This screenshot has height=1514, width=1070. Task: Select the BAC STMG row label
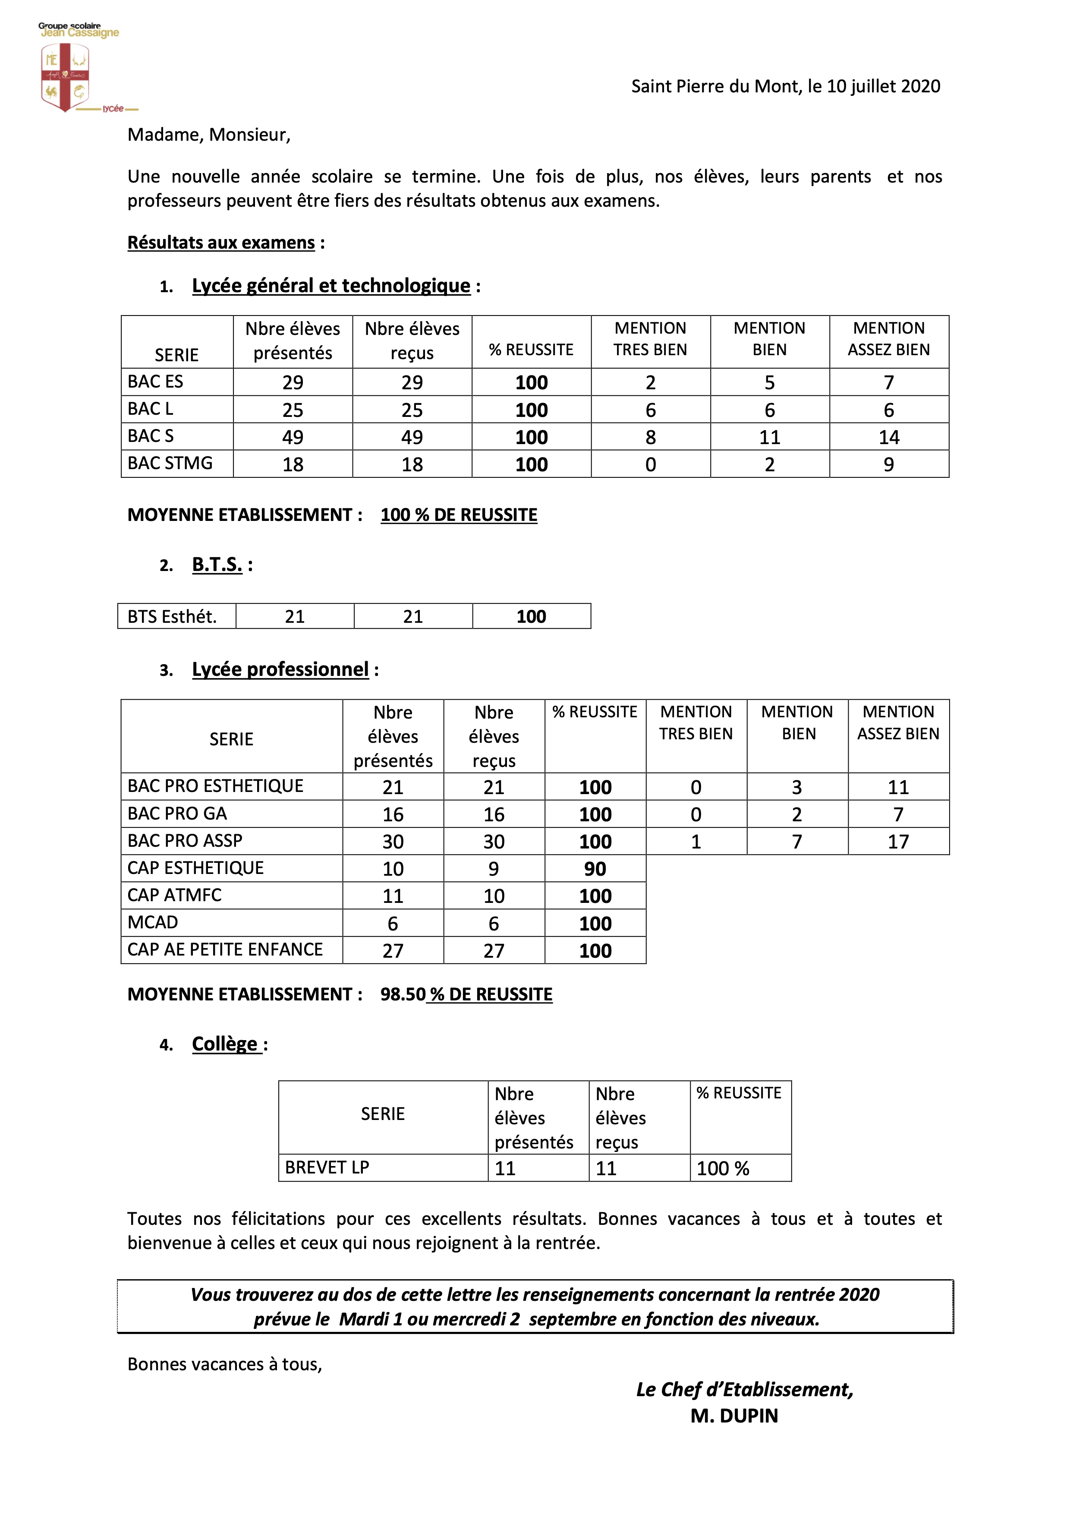coord(170,464)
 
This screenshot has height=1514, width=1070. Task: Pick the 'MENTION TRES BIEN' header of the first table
coord(650,339)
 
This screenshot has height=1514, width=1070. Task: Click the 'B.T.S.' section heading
coord(217,565)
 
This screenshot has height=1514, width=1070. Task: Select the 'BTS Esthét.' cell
coord(172,617)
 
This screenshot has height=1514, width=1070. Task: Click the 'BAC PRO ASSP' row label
coord(185,841)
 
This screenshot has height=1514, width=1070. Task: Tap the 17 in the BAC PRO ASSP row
coord(898,842)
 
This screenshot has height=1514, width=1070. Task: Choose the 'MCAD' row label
coord(153,922)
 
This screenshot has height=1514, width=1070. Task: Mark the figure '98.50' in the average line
coord(403,994)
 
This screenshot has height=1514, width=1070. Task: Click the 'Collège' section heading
coord(225,1044)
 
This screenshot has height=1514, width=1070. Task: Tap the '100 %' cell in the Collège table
coord(723,1168)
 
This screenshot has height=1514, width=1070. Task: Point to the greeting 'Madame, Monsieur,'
coord(209,135)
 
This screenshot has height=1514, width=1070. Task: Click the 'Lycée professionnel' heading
coord(280,669)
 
